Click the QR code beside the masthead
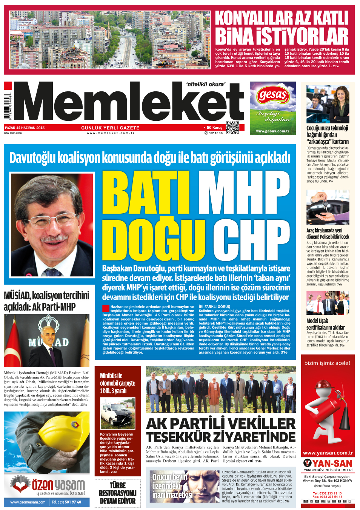232,128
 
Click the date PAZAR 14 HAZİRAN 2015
25,128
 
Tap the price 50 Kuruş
214,128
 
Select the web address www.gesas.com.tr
272,131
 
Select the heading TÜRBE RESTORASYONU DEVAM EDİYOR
117,493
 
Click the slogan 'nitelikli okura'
206,84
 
